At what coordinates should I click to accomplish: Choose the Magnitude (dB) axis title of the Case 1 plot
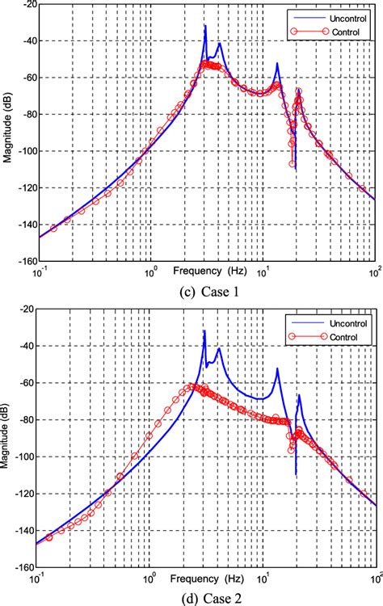click(7, 133)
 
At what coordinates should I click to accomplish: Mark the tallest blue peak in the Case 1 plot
click(205, 26)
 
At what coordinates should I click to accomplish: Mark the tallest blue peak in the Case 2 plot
click(204, 331)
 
